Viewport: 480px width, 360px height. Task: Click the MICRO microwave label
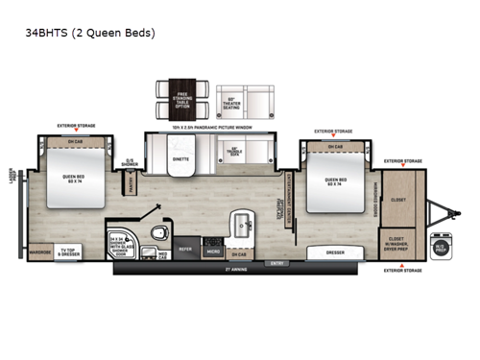coord(213,253)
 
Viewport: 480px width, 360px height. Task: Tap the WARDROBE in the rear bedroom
coord(40,254)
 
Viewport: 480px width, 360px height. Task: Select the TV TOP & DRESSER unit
coord(77,253)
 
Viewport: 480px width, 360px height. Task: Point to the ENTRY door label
coord(278,262)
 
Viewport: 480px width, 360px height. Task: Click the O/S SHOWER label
coord(130,162)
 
